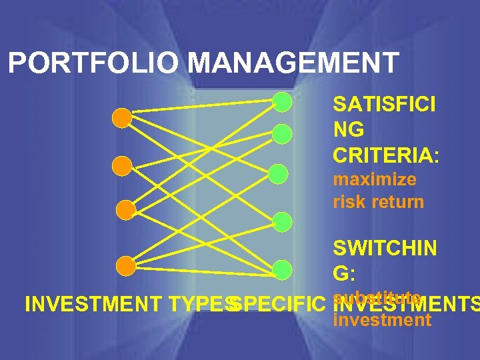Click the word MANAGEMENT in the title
click(293, 63)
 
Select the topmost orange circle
click(122, 118)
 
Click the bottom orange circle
click(125, 266)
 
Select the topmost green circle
click(283, 102)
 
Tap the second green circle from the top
click(282, 134)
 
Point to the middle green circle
click(279, 175)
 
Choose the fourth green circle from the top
click(283, 221)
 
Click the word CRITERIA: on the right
click(387, 156)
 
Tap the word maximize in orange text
click(375, 180)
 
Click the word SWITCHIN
click(385, 249)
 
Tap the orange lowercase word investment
click(382, 321)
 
